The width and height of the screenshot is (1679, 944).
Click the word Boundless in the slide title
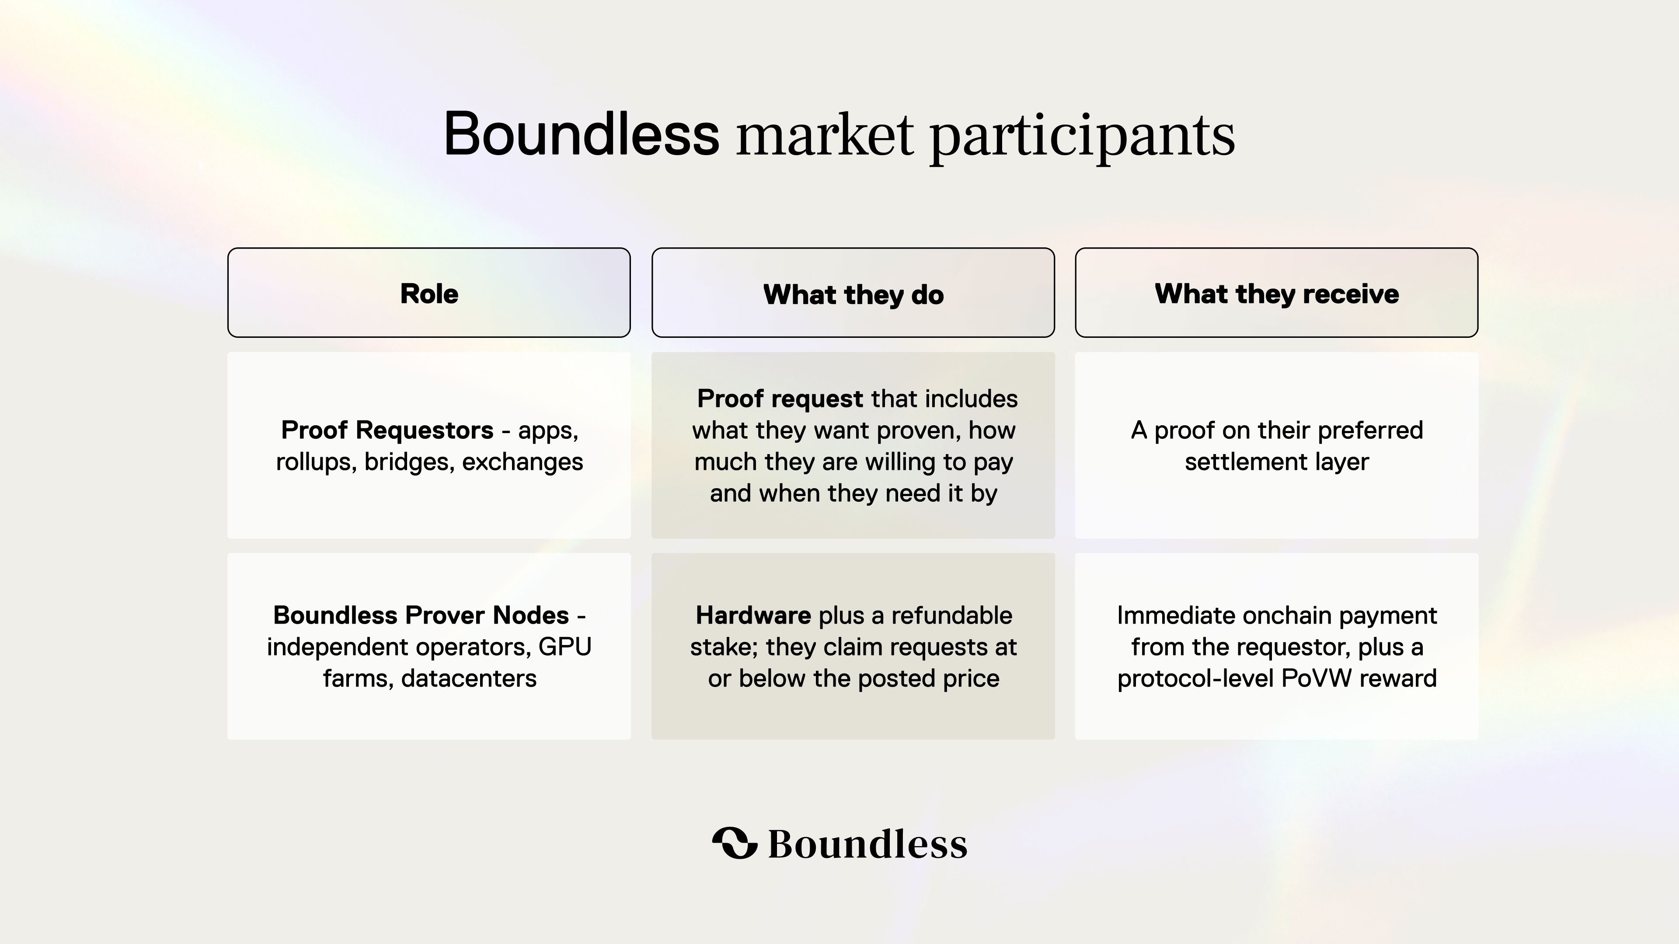click(x=582, y=134)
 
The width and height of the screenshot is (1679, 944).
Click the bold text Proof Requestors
click(x=387, y=430)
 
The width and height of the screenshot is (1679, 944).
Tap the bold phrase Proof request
click(x=780, y=399)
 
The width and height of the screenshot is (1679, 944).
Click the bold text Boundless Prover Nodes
click(x=421, y=615)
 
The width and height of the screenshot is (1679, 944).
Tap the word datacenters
click(x=469, y=679)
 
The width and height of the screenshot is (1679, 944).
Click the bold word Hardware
click(x=753, y=615)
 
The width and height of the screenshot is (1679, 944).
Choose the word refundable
click(x=952, y=615)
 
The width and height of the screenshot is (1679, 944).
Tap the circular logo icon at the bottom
click(x=735, y=843)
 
